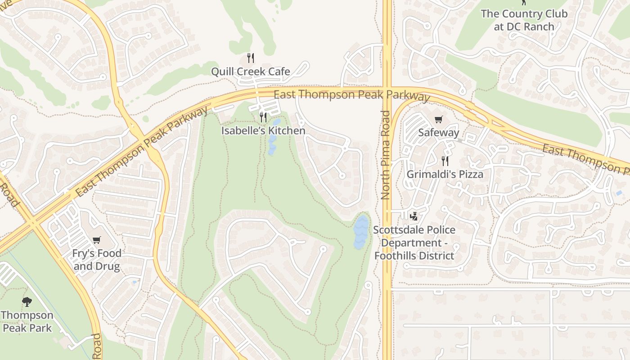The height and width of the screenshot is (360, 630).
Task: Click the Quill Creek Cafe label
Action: [251, 72]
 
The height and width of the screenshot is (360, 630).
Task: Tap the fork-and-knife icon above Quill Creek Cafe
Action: [251, 58]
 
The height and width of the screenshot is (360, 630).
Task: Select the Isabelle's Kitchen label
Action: [263, 131]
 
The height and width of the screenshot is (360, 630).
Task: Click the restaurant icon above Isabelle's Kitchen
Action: [263, 117]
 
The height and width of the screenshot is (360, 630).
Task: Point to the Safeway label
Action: [438, 133]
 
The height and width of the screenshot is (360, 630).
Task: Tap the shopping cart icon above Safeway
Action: [438, 119]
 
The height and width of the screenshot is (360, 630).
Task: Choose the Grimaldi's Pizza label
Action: [445, 174]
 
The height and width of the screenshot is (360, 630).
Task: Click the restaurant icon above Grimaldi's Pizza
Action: [445, 161]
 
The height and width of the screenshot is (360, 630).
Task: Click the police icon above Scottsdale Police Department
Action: [414, 216]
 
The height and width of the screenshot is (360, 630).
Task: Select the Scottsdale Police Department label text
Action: [414, 243]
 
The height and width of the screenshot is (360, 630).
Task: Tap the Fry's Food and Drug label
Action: [97, 260]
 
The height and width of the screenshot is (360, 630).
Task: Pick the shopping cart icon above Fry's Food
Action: [96, 240]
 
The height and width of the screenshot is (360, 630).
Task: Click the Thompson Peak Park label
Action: [27, 321]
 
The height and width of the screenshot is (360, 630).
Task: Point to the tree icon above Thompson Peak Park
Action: [27, 301]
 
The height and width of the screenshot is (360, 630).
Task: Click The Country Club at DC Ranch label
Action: [524, 20]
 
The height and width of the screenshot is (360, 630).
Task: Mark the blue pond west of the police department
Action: [361, 232]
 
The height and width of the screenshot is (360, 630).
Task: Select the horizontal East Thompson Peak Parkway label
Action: [351, 95]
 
